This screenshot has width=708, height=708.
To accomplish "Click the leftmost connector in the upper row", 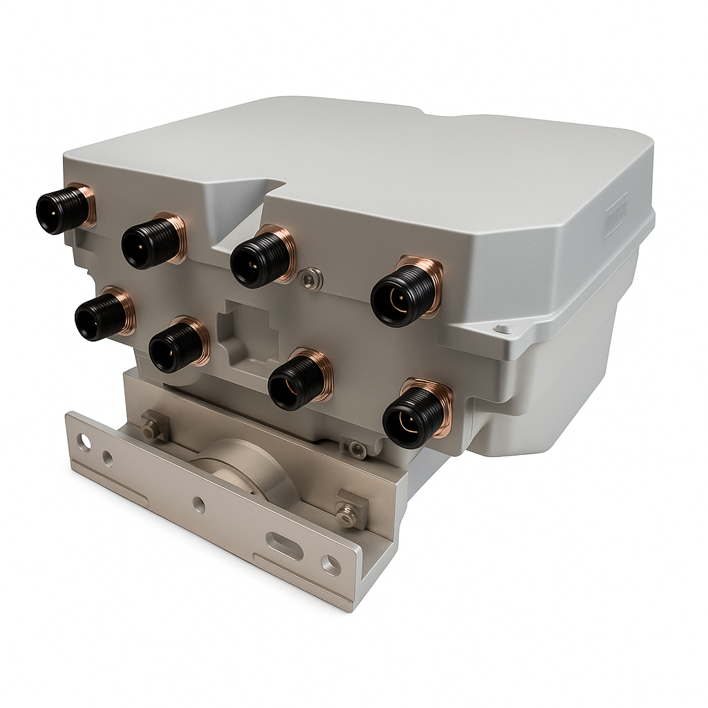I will click(63, 209).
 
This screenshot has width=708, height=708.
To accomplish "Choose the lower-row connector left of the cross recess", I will click(176, 345).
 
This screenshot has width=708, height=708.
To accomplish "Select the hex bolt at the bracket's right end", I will click(348, 512).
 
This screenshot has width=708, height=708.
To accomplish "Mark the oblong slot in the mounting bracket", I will click(285, 546).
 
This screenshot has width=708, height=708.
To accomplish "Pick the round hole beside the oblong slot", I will click(331, 566).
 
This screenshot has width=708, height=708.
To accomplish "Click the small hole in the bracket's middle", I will click(199, 505).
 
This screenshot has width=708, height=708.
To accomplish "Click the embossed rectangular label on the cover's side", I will click(615, 215).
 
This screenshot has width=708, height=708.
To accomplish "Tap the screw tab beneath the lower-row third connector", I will click(357, 450).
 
